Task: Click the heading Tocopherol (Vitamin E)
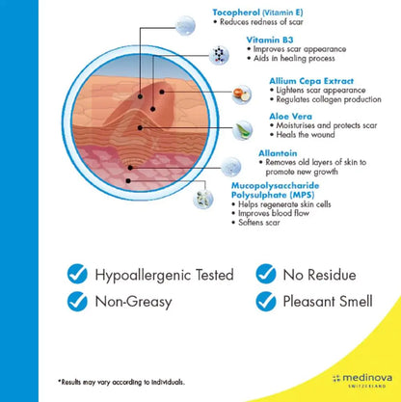pyautogui.click(x=257, y=13)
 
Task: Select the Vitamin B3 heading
pyautogui.click(x=270, y=40)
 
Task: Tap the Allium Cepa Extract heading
pyautogui.click(x=311, y=81)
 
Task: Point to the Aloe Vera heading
pyautogui.click(x=290, y=117)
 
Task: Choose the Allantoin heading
pyautogui.click(x=278, y=153)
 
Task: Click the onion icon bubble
pyautogui.click(x=242, y=94)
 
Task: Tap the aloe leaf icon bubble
pyautogui.click(x=242, y=130)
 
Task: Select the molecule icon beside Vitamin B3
pyautogui.click(x=219, y=55)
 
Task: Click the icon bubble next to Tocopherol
pyautogui.click(x=185, y=26)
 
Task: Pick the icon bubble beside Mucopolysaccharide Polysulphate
pyautogui.click(x=203, y=199)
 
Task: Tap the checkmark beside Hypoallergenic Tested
pyautogui.click(x=77, y=274)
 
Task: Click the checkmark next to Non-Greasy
pyautogui.click(x=77, y=302)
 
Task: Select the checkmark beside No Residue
pyautogui.click(x=266, y=274)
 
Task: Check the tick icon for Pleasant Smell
pyautogui.click(x=266, y=302)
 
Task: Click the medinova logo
pyautogui.click(x=362, y=380)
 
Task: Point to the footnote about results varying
pyautogui.click(x=121, y=382)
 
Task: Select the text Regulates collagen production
pyautogui.click(x=329, y=99)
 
